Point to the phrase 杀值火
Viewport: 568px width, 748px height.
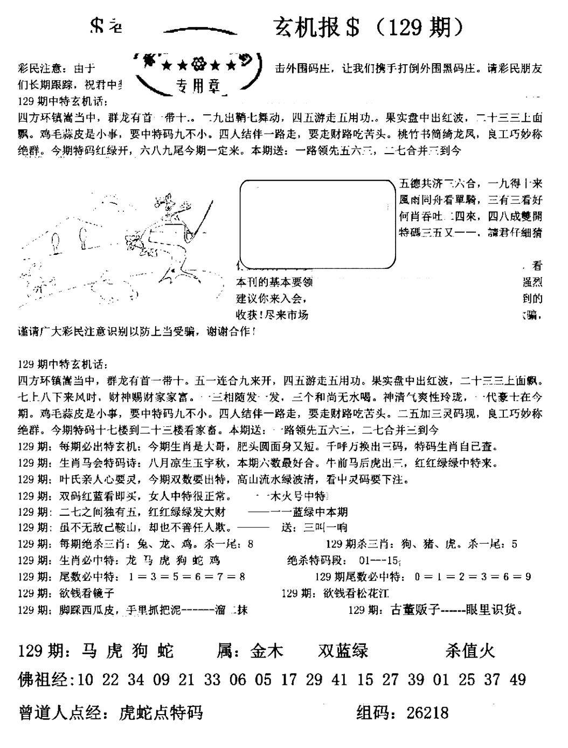tap(470, 651)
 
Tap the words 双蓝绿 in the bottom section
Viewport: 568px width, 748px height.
tap(343, 651)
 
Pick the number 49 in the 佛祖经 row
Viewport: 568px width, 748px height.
tap(517, 680)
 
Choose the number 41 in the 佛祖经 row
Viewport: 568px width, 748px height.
tap(340, 680)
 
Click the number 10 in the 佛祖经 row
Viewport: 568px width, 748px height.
tap(86, 680)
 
